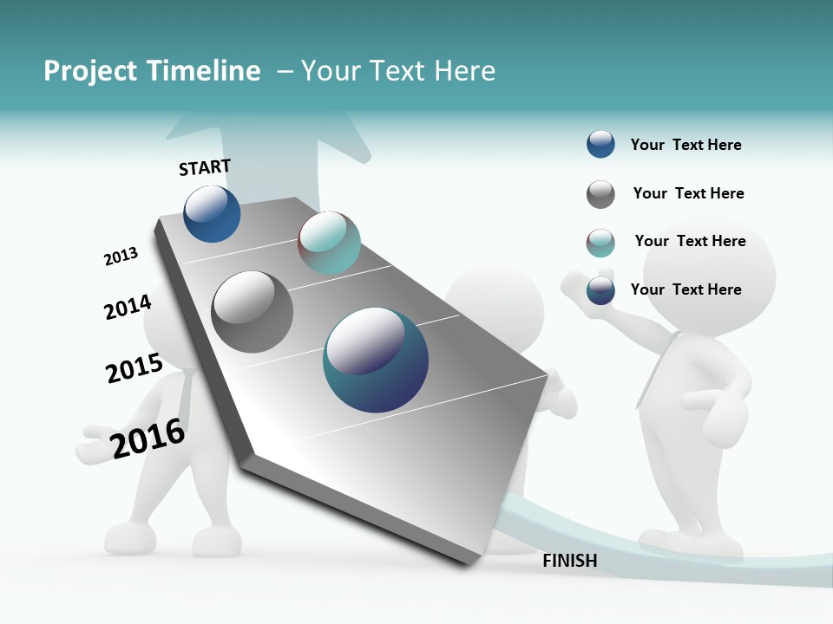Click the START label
pyautogui.click(x=205, y=167)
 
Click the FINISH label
pyautogui.click(x=569, y=561)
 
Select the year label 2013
pyautogui.click(x=121, y=257)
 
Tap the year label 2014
pyautogui.click(x=128, y=307)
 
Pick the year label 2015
pyautogui.click(x=134, y=368)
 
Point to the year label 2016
pyautogui.click(x=148, y=439)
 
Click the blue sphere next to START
pyautogui.click(x=212, y=214)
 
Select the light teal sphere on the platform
pyautogui.click(x=329, y=243)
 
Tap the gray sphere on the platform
pyautogui.click(x=252, y=311)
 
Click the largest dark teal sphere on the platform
pyautogui.click(x=376, y=360)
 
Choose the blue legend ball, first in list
pyautogui.click(x=600, y=144)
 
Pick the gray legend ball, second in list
pyautogui.click(x=600, y=194)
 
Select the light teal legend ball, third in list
pyautogui.click(x=600, y=243)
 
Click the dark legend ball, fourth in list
pyautogui.click(x=600, y=290)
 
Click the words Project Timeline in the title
pyautogui.click(x=152, y=71)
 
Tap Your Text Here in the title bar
pyautogui.click(x=398, y=71)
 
